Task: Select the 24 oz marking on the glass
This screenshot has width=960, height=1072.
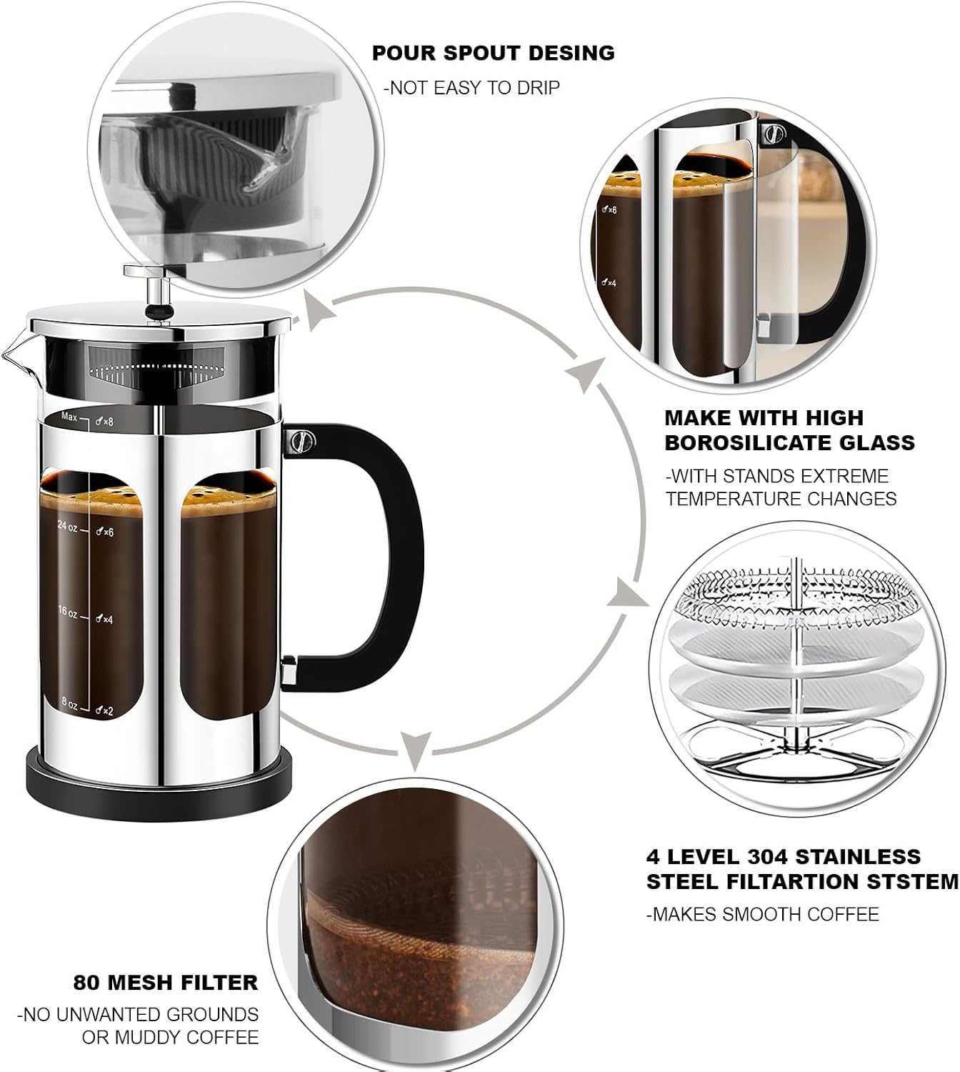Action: [68, 527]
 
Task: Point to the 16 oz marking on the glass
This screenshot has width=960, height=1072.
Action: [68, 613]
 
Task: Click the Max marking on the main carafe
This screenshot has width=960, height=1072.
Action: [69, 417]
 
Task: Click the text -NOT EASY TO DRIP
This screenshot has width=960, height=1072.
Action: [471, 88]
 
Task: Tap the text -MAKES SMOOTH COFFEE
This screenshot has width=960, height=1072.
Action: [762, 914]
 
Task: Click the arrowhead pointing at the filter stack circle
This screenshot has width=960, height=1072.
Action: [628, 595]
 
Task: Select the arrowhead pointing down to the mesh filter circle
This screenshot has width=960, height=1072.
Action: [415, 748]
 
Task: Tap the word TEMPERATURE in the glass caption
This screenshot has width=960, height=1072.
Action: [728, 499]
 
